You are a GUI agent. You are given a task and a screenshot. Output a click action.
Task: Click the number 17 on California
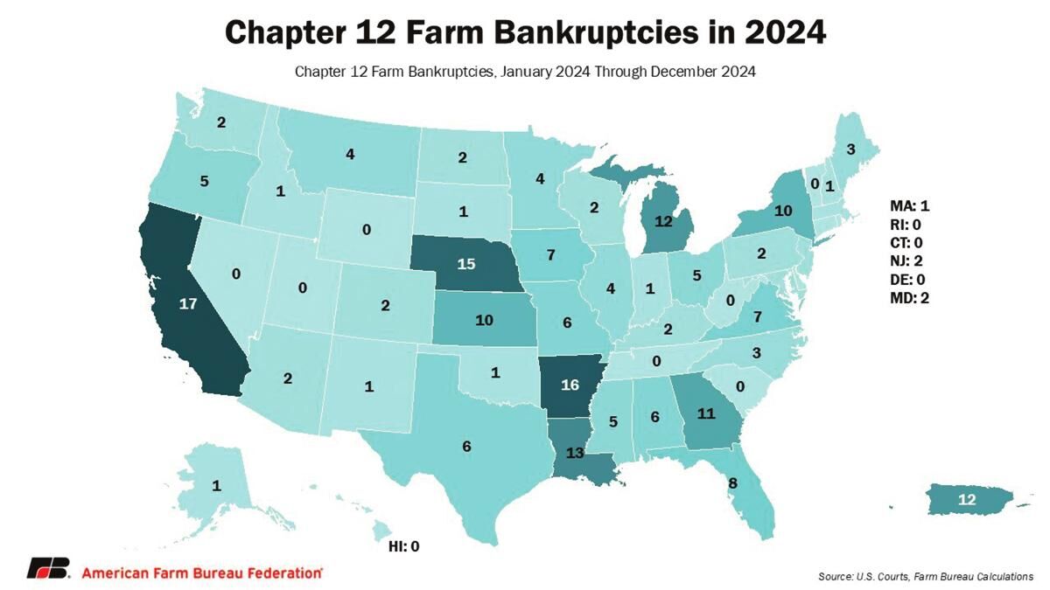click(x=186, y=304)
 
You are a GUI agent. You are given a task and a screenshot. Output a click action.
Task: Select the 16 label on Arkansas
click(x=570, y=384)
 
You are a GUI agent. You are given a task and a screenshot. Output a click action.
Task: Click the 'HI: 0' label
click(x=403, y=546)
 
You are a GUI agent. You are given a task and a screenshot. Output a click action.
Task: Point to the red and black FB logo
click(x=48, y=569)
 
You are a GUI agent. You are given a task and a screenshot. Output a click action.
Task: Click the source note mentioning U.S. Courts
click(x=926, y=576)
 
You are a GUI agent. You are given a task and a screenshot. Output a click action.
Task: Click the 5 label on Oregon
click(x=204, y=182)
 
